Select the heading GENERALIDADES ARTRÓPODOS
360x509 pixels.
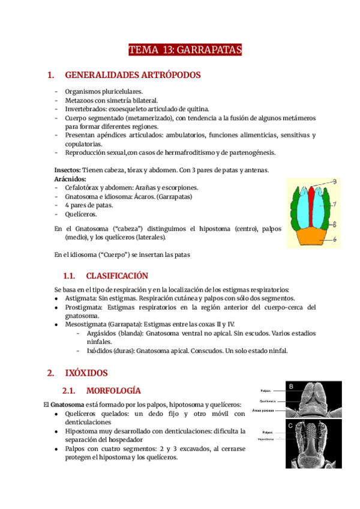[132, 75]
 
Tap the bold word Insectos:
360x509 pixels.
[68, 170]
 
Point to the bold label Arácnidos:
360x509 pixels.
[70, 179]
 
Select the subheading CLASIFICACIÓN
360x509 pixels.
[116, 276]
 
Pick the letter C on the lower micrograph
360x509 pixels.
[291, 426]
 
